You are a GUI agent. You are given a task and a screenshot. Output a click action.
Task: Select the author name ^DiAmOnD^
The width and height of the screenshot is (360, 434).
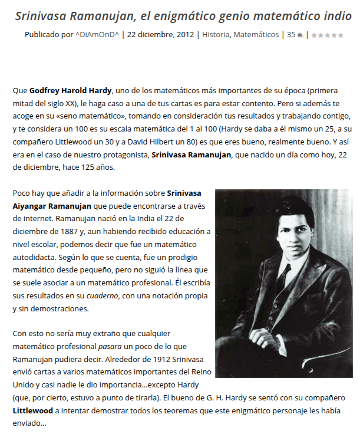coord(97,35)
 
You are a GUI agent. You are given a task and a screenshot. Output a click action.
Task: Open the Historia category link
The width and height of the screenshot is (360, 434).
coord(216,35)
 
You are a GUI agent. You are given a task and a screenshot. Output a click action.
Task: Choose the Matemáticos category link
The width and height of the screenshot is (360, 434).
coord(256,35)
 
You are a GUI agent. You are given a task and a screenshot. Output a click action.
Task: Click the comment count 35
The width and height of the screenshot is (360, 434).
coord(291,35)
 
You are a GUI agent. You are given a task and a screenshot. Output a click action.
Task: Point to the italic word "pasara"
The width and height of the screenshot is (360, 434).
coord(110,347)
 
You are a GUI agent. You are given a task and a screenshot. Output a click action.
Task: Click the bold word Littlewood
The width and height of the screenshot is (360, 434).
coord(34,411)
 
